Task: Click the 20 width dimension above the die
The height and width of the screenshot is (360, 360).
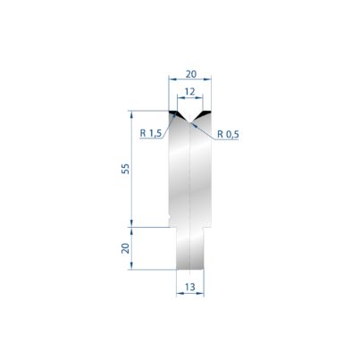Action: coord(191,74)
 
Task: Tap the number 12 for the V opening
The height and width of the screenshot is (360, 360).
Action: coord(189,91)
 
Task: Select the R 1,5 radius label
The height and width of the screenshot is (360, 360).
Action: coord(150,133)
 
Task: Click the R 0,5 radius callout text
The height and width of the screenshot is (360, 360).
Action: coord(228,134)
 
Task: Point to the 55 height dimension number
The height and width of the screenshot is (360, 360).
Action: coord(126,169)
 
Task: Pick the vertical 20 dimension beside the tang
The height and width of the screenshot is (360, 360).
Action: coord(126,248)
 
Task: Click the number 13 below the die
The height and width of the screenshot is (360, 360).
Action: coord(190,287)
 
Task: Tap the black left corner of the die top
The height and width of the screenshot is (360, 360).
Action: coord(173,113)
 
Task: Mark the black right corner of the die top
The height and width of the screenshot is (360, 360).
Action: coord(205,113)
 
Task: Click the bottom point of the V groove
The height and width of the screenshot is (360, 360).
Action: coord(190,122)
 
